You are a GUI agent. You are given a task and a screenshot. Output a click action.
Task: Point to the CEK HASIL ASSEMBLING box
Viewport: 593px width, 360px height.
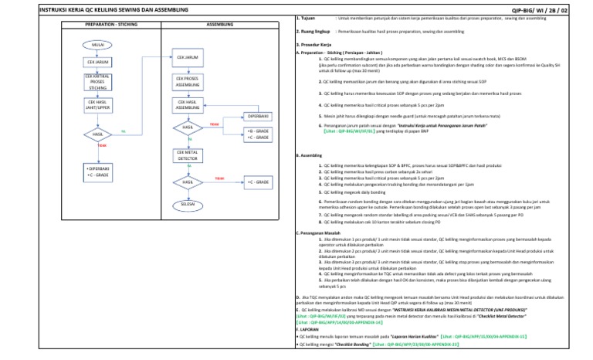point(188,104)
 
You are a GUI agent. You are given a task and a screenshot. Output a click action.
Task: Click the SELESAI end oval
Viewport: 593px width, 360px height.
point(188,204)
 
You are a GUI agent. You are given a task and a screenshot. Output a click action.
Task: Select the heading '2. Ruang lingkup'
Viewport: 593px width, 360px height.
point(312,31)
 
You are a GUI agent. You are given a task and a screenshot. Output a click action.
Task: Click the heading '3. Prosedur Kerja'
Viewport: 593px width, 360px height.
point(312,46)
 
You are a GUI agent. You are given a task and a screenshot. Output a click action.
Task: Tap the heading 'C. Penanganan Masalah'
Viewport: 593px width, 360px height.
point(319,233)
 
